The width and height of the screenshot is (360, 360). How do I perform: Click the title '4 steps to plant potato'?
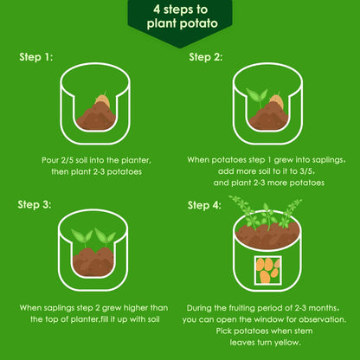pos(182,16)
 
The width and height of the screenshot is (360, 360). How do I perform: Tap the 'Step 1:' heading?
pos(36,57)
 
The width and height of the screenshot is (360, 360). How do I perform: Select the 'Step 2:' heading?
pos(206,57)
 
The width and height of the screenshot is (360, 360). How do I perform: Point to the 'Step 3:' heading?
pos(35,204)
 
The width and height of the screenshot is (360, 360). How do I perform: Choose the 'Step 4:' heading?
pos(204,205)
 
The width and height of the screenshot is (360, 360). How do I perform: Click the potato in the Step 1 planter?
pos(102,100)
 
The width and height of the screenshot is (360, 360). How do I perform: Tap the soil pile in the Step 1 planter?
pos(96,117)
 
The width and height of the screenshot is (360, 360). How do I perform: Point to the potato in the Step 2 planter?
pos(277,101)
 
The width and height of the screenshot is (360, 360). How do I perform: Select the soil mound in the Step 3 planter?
pos(93,262)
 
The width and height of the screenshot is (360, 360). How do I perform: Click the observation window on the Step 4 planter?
pos(268,270)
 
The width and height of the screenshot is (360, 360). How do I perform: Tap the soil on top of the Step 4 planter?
pos(267,235)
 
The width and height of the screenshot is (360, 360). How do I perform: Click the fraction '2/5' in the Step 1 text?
pos(67,160)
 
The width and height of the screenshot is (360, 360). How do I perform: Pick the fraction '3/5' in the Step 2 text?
pos(305,171)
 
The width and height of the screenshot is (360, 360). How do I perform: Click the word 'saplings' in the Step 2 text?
pos(327,160)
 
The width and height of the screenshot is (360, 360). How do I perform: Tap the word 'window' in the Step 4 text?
pos(266,319)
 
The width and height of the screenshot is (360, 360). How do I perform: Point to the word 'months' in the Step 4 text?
pos(323,308)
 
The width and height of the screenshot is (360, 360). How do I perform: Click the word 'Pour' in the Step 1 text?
pos(50,160)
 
